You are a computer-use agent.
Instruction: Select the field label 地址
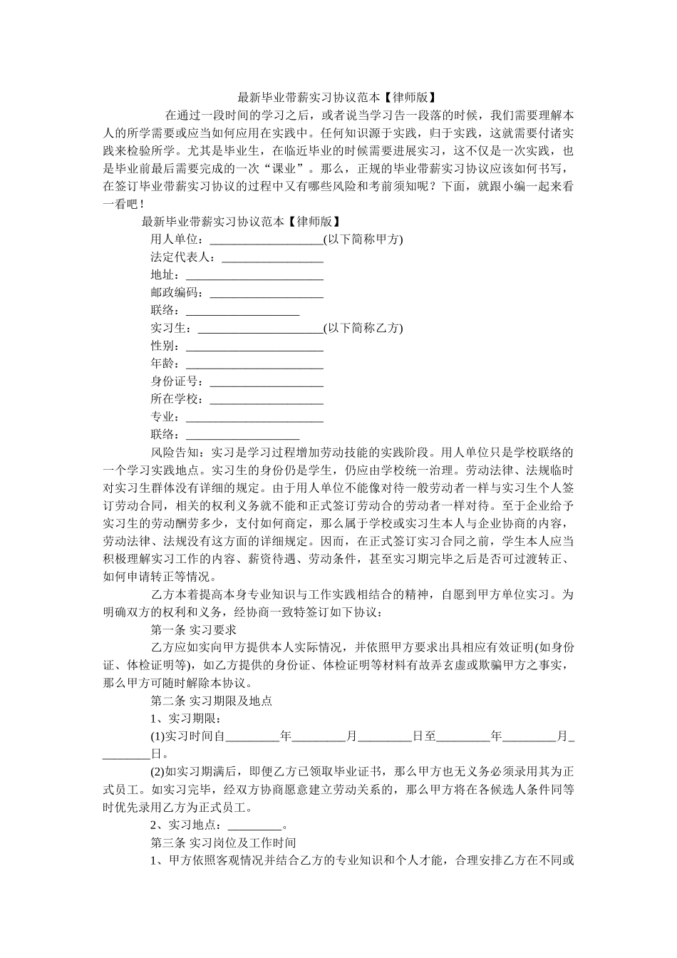[165, 274]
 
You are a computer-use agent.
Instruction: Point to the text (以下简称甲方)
[363, 239]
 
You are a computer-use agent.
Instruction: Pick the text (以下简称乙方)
[363, 328]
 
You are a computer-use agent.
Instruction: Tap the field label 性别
[165, 346]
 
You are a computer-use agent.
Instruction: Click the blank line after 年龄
[254, 364]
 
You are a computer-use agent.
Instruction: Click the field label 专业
[165, 417]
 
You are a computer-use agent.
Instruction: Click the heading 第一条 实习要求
[194, 629]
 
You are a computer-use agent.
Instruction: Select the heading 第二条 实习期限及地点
[212, 701]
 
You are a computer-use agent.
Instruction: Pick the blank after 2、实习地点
[254, 825]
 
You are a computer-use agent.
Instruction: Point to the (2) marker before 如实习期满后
[157, 772]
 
